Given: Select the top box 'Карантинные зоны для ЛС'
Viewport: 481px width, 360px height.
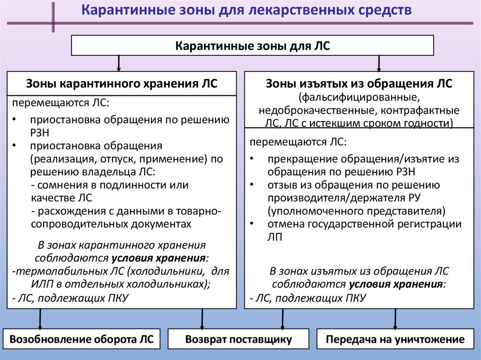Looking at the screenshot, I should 253,46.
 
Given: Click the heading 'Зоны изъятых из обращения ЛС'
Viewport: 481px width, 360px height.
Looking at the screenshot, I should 359,84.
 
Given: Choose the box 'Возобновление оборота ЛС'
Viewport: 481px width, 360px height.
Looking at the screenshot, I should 82,339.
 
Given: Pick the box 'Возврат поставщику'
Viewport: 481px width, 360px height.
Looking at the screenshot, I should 239,339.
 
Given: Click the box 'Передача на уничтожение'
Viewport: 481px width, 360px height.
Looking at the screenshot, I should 396,339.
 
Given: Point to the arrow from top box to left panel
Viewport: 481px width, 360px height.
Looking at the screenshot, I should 119,63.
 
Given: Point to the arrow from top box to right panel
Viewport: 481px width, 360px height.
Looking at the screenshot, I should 379,63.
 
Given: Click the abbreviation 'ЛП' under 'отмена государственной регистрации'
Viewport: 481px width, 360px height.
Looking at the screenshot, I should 274,237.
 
